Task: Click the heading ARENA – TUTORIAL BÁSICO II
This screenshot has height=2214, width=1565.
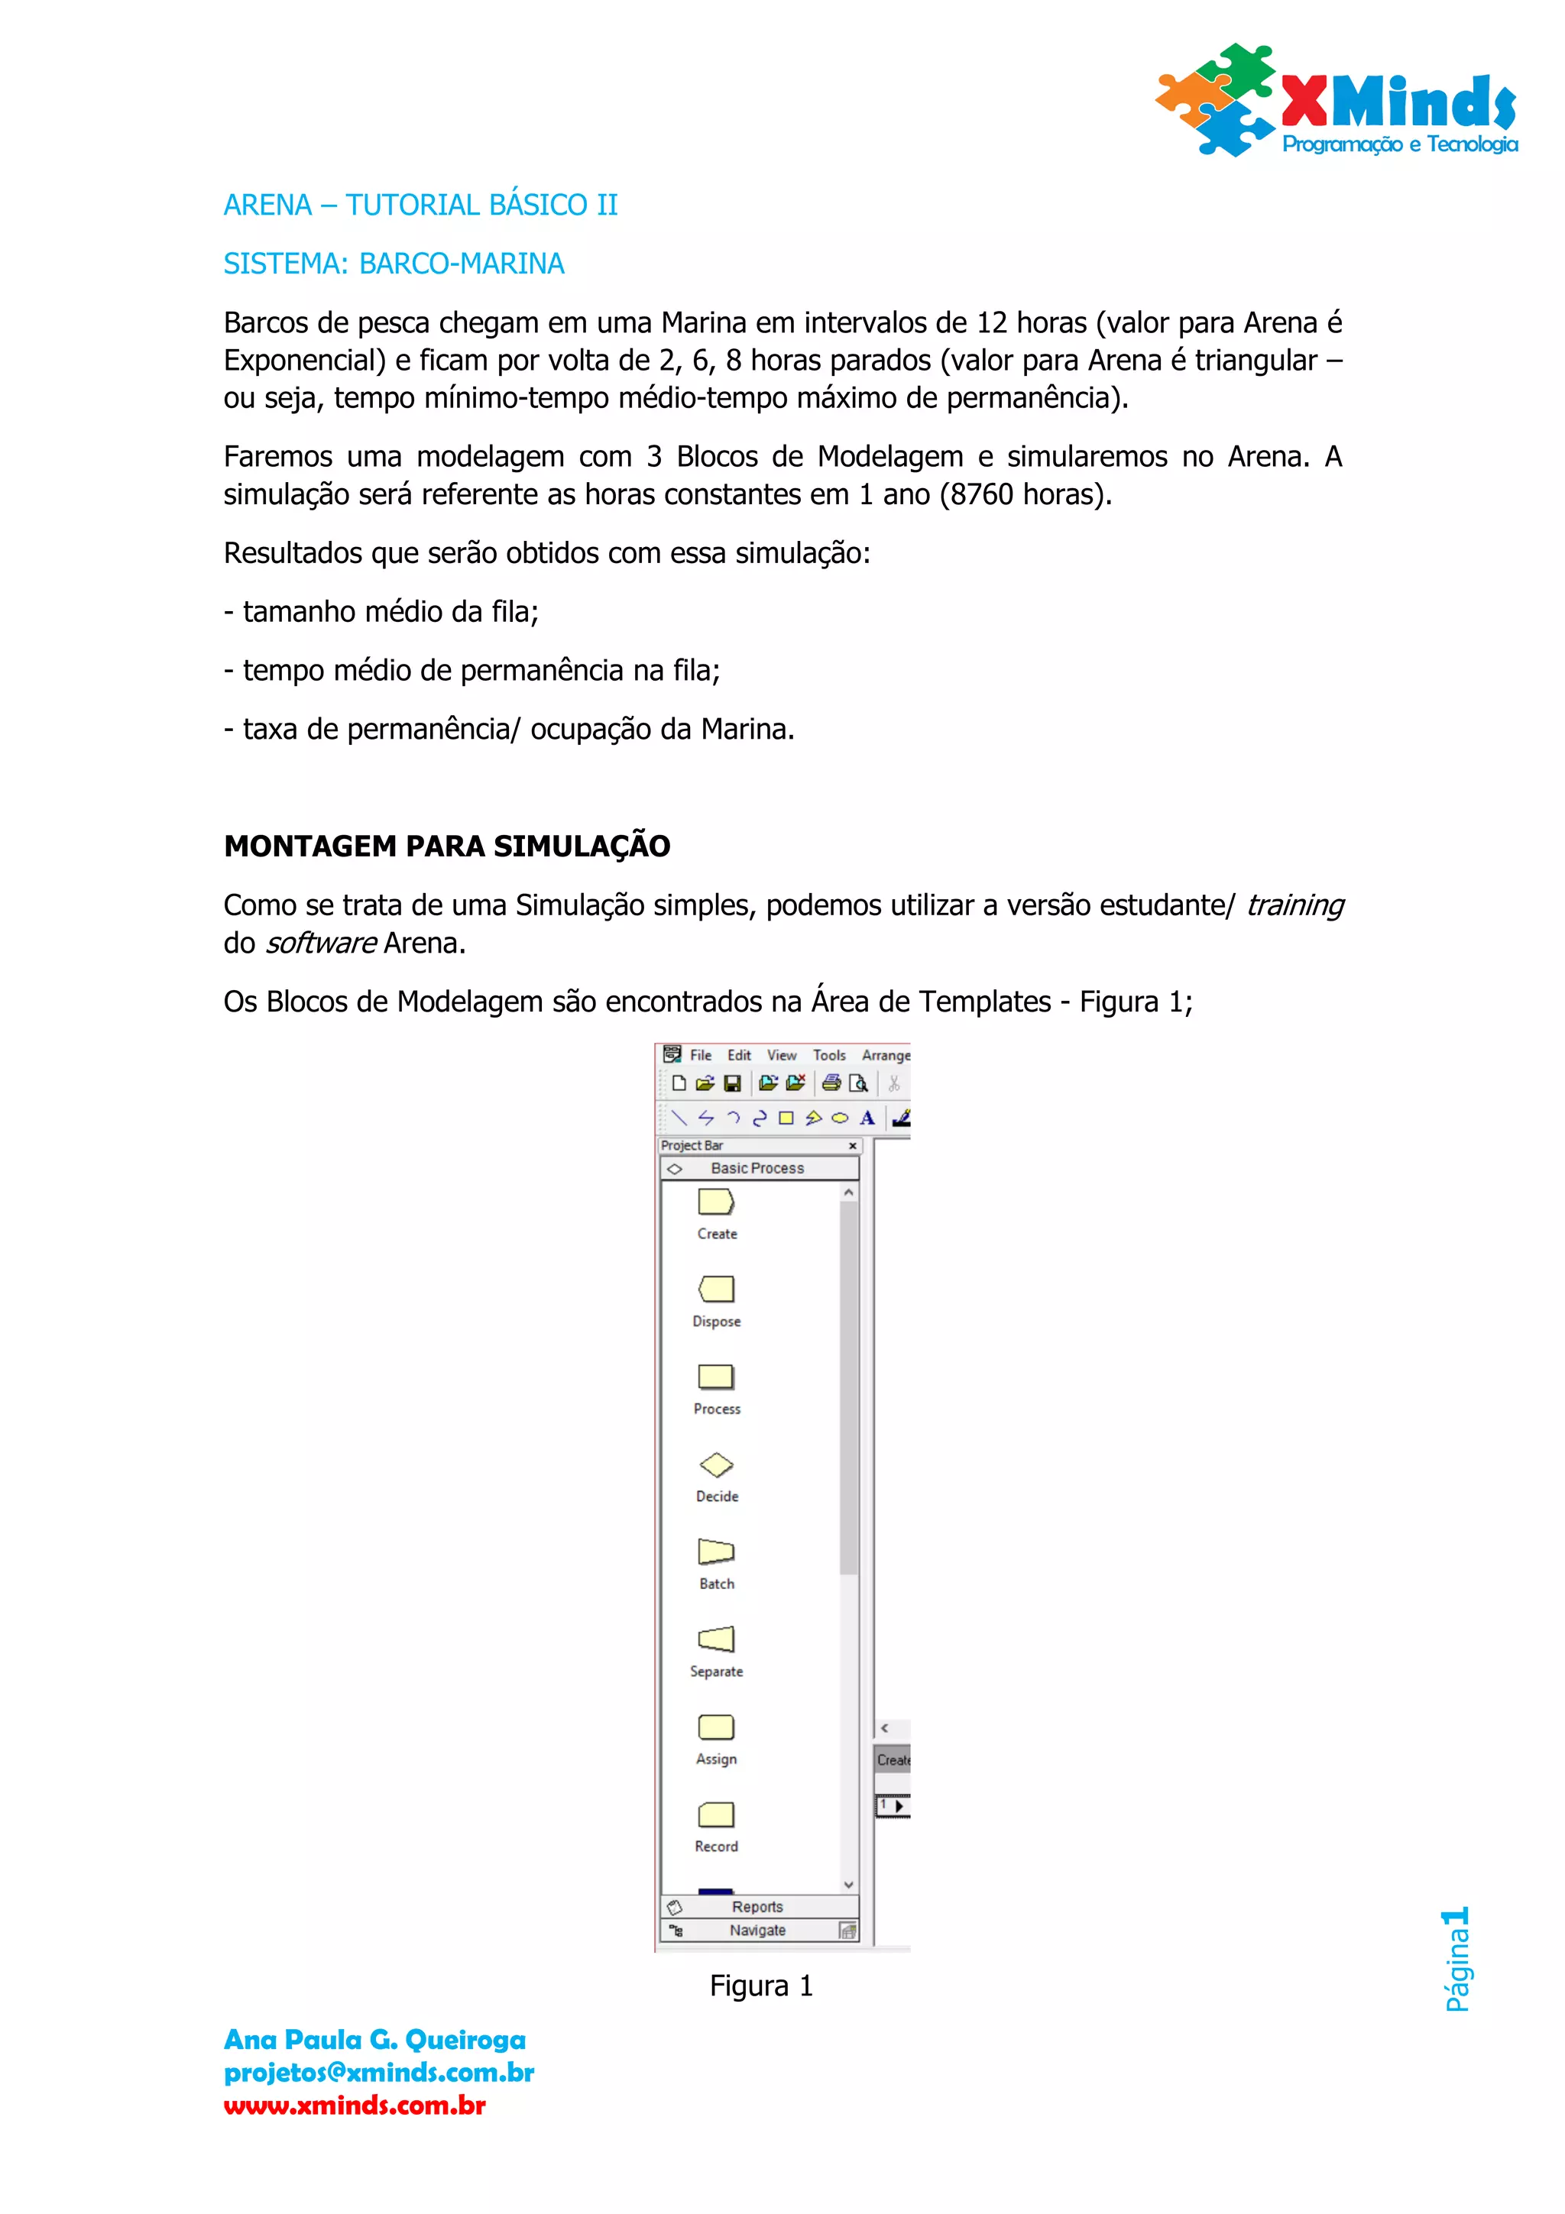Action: [x=420, y=206]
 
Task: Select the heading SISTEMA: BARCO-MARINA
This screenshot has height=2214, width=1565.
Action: [x=394, y=264]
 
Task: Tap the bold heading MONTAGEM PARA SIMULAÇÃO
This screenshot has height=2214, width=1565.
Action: [x=446, y=846]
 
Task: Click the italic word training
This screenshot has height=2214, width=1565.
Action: [x=1294, y=905]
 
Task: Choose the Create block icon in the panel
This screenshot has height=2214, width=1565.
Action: [x=715, y=1202]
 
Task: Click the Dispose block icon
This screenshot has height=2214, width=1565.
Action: [x=715, y=1290]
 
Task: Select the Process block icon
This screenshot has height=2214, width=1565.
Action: [x=715, y=1377]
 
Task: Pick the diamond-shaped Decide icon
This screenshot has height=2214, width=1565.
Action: [x=715, y=1465]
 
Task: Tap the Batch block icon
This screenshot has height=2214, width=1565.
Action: [x=715, y=1552]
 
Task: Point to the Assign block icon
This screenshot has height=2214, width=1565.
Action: [x=715, y=1727]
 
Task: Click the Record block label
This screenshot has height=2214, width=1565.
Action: [x=717, y=1846]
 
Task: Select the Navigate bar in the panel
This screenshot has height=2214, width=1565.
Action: [x=758, y=1930]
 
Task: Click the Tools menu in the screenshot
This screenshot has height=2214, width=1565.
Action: [x=828, y=1055]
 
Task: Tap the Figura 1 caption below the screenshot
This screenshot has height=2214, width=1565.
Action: [x=762, y=1986]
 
